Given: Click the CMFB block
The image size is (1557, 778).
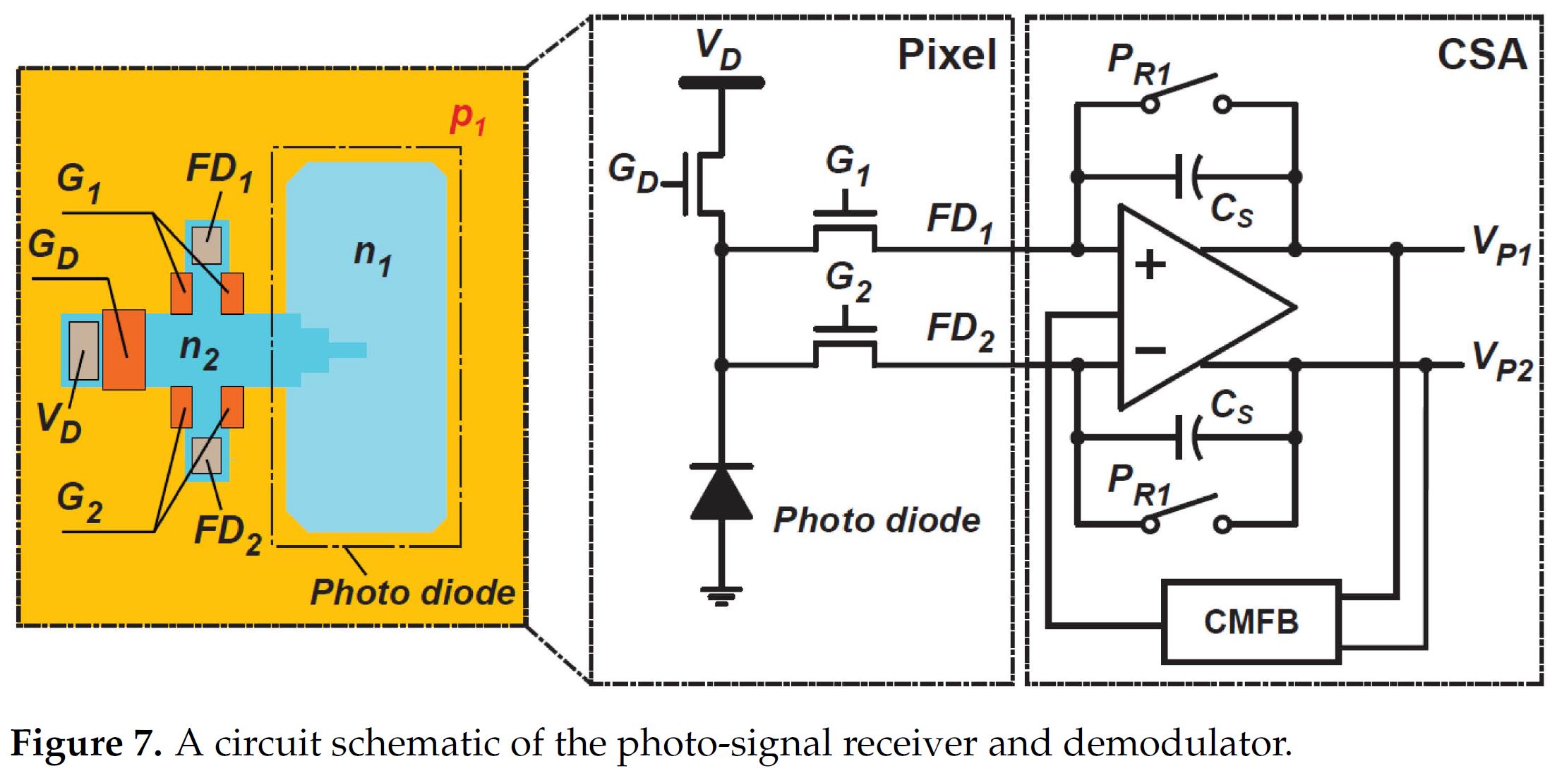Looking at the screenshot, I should pos(1250,622).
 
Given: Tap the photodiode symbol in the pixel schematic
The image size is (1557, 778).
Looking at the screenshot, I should pos(721,492).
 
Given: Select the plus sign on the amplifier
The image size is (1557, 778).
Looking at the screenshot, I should pos(1150,265).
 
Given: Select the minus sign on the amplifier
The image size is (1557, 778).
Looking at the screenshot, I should pos(1150,349).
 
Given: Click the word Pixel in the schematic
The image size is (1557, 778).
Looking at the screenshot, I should pos(946,54).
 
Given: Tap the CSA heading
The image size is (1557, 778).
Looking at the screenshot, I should pos(1481,54).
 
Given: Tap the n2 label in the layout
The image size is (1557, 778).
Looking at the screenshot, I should pos(199,349).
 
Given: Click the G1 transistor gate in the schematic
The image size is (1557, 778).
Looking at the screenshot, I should pos(845,213).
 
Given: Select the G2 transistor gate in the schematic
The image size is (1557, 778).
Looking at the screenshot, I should pos(845,329).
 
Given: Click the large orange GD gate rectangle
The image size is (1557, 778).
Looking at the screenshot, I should pos(124,349).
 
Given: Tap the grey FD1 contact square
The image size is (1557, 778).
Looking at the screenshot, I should pos(207,245).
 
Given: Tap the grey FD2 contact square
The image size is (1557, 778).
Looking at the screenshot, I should pos(207,455).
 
